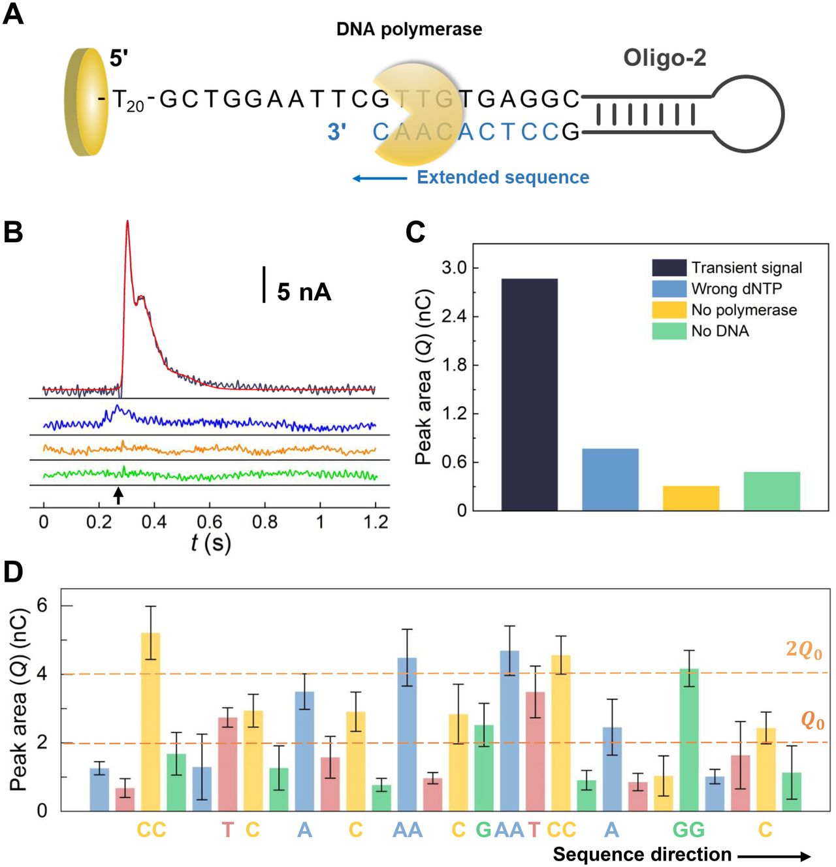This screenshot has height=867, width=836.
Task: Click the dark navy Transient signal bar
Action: point(530,394)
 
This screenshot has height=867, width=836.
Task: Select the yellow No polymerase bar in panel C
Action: point(691,498)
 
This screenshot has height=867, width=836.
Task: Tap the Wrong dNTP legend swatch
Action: point(669,289)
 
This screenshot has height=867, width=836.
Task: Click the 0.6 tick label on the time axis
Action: point(210,522)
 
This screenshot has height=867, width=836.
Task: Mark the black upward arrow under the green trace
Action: point(118,496)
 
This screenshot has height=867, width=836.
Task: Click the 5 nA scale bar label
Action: point(304,292)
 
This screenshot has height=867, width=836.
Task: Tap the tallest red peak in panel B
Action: point(127,221)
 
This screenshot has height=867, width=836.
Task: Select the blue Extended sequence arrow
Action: point(379,179)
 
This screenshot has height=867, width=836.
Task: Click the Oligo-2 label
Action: point(664,57)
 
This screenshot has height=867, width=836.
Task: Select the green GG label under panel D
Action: point(688,830)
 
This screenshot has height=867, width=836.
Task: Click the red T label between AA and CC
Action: point(534,830)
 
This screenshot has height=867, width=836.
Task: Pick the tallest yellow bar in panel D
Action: point(151,722)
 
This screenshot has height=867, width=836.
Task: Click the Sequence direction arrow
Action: point(774,856)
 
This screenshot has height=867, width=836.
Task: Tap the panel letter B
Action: point(13,232)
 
